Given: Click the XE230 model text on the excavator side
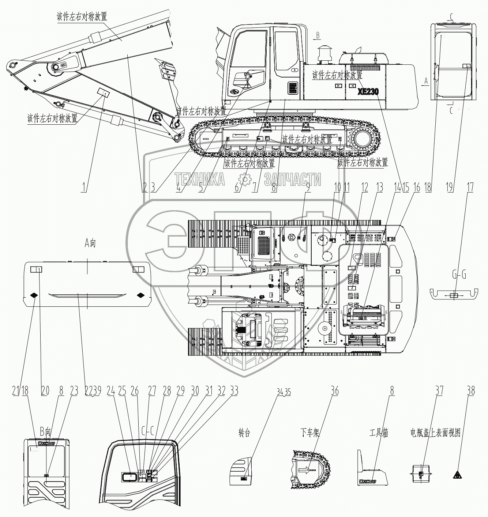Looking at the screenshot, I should click(x=368, y=92).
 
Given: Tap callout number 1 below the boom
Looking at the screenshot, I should click(x=85, y=188).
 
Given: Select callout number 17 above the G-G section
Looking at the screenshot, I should click(x=470, y=188).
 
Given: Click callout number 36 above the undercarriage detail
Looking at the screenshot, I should click(x=334, y=391).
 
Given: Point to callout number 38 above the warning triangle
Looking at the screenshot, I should click(x=471, y=391).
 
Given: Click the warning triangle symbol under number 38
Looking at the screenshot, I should click(x=457, y=475).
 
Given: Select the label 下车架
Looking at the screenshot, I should click(x=310, y=433).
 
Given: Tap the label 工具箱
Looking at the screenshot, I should click(x=379, y=433).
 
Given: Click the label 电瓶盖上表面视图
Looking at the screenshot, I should click(x=435, y=433).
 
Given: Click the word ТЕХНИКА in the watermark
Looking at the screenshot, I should click(x=200, y=180).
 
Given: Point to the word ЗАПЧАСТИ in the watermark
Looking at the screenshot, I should click(x=293, y=180).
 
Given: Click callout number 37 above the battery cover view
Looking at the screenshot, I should click(x=439, y=391).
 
